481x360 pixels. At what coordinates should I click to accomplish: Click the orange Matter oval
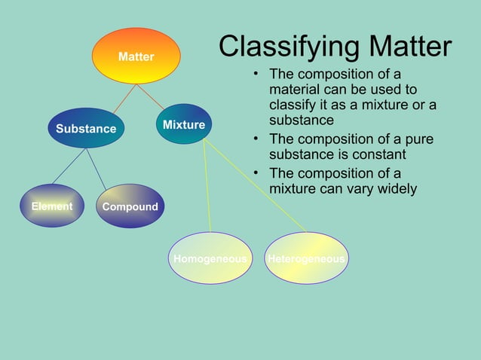[136, 56]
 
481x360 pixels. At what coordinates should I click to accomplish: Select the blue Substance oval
[86, 128]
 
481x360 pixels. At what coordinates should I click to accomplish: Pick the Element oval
[52, 206]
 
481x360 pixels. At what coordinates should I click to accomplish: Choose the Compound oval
[130, 206]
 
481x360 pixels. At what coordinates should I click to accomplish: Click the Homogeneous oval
[210, 258]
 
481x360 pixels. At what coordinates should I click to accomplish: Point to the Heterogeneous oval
[306, 258]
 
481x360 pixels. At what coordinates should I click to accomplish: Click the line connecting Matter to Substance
[124, 99]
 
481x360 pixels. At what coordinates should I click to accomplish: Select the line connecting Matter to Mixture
[150, 96]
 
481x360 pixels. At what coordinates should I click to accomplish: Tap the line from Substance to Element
[69, 166]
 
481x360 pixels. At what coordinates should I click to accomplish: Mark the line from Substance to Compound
[95, 166]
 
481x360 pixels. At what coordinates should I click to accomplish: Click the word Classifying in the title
[286, 47]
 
